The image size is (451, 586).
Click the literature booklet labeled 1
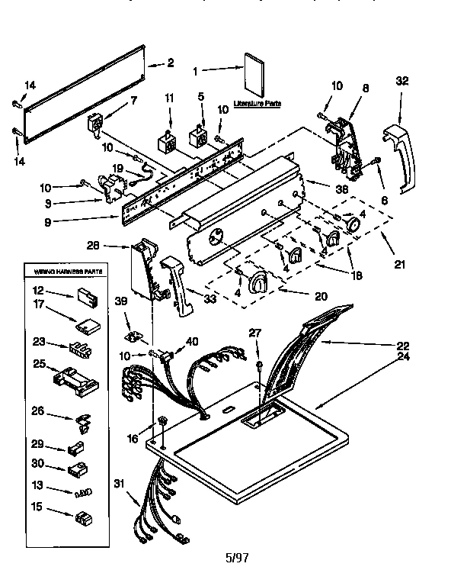tap(253, 73)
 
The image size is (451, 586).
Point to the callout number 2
tap(170, 63)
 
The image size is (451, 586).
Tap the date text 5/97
tap(237, 557)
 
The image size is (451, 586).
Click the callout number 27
tap(255, 332)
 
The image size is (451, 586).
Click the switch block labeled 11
tap(165, 143)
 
